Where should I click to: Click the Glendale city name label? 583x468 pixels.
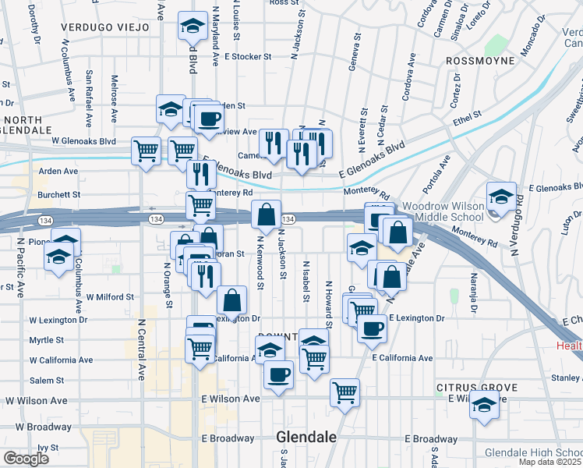click(x=306, y=438)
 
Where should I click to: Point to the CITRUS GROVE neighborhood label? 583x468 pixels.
click(x=477, y=387)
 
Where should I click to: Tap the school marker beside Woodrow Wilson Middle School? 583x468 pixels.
click(x=502, y=197)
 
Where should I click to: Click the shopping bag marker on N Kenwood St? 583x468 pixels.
click(x=266, y=215)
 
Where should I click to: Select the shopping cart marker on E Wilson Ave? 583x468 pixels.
click(x=344, y=392)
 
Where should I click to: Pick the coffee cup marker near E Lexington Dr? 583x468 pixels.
click(x=373, y=328)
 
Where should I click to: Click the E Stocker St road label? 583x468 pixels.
click(x=247, y=56)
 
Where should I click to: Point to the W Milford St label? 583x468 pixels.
click(x=110, y=297)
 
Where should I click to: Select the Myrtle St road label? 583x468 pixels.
click(x=47, y=340)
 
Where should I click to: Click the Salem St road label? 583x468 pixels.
click(x=47, y=380)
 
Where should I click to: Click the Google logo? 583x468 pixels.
click(x=26, y=458)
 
